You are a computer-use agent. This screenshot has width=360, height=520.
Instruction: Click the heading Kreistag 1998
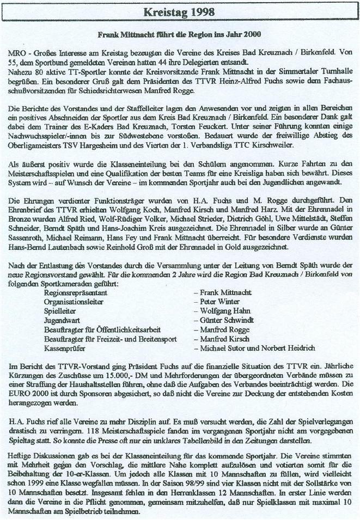(x=180, y=11)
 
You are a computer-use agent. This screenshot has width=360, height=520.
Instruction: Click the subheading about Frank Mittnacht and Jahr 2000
(x=180, y=34)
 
